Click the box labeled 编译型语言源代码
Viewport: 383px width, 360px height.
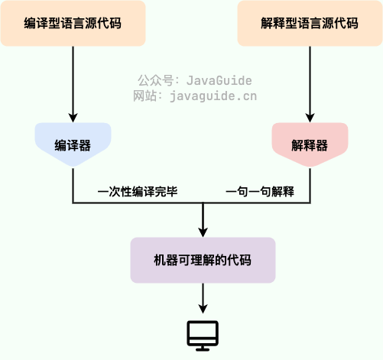73,23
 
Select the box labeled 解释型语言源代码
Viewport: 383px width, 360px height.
310,23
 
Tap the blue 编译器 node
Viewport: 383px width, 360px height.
73,144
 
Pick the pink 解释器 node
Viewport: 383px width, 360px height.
310,144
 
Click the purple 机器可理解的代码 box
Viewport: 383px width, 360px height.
203,261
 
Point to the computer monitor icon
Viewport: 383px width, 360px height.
203,335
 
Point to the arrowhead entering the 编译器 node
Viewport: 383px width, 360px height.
73,118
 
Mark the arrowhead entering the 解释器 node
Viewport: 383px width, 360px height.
310,118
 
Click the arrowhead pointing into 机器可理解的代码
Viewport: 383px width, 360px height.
203,232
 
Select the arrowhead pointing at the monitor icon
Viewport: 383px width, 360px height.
203,308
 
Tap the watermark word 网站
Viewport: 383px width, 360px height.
144,96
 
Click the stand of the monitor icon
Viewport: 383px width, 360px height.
203,347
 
